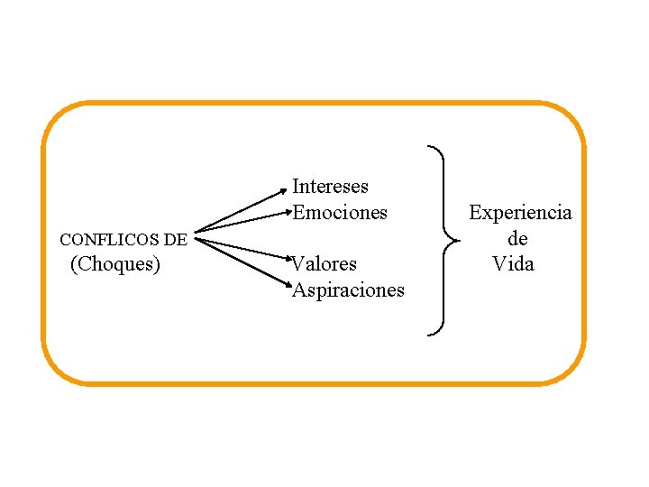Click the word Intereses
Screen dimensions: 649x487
(x=330, y=187)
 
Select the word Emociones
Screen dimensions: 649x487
(x=340, y=213)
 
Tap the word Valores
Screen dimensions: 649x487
(x=324, y=264)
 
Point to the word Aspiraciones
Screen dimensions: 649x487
(x=348, y=290)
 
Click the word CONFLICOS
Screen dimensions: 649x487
(x=109, y=240)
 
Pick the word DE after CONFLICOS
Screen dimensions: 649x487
(x=176, y=240)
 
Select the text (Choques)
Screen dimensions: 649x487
(x=115, y=264)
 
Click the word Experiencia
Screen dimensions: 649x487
(x=520, y=213)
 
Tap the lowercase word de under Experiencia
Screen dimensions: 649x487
(x=517, y=239)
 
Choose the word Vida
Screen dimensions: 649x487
(x=513, y=264)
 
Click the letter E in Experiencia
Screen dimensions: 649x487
(x=476, y=213)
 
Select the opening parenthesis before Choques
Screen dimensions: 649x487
(x=73, y=264)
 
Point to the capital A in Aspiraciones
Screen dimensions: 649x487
(x=299, y=290)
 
